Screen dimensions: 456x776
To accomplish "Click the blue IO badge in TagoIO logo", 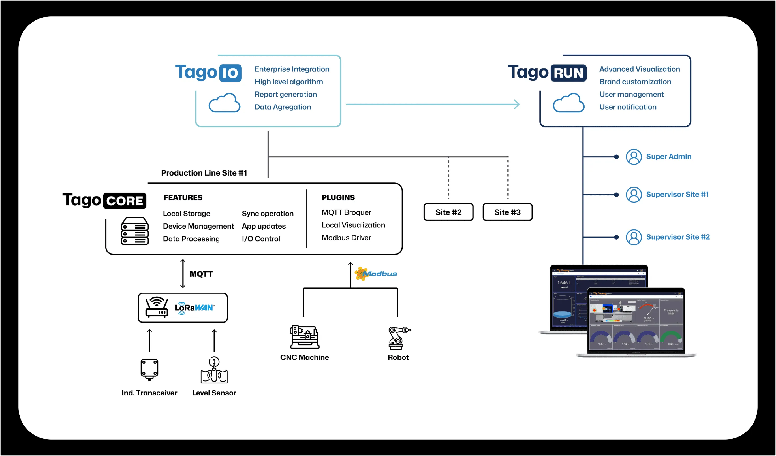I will click(x=230, y=73).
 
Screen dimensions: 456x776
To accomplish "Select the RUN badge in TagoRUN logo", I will click(x=568, y=73).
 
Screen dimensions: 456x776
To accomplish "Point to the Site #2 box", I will click(x=448, y=212).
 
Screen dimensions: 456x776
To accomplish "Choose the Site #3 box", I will click(x=507, y=212).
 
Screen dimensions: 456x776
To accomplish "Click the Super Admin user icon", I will click(x=633, y=157).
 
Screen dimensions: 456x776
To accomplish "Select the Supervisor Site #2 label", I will click(x=677, y=237).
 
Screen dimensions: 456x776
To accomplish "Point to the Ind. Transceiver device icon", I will click(x=149, y=369).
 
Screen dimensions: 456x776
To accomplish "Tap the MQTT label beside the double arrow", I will click(x=201, y=274).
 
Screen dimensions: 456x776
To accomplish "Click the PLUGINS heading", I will click(x=338, y=197).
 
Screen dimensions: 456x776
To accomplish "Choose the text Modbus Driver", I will click(x=346, y=238).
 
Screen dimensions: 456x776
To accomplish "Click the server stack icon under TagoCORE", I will click(x=134, y=231).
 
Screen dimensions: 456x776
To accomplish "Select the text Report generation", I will click(x=285, y=94).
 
